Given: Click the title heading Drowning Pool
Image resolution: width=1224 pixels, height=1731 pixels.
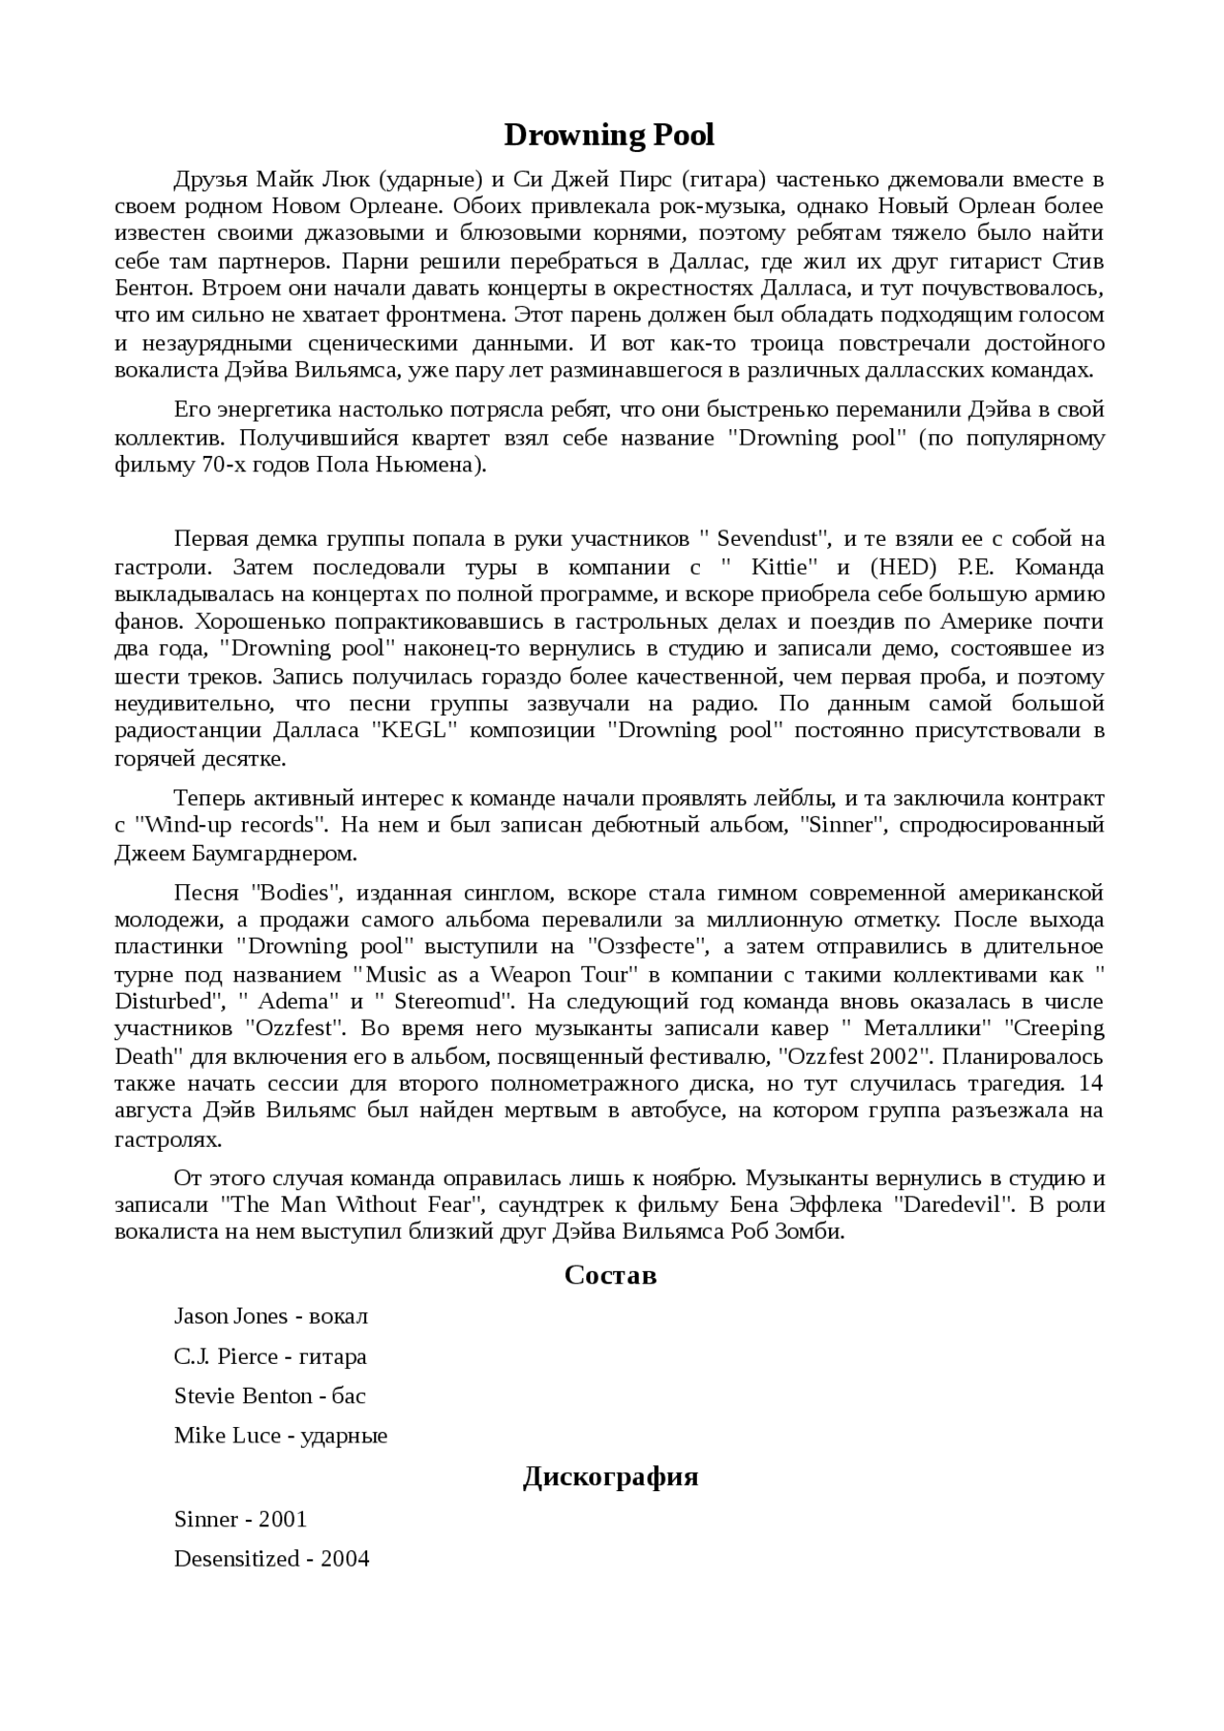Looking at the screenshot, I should pos(609,136).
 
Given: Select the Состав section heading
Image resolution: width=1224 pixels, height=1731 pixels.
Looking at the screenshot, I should pos(610,1275).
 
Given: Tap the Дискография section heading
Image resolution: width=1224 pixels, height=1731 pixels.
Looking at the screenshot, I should pos(610,1477).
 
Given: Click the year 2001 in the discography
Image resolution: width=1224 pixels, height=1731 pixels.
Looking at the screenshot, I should pos(283,1519).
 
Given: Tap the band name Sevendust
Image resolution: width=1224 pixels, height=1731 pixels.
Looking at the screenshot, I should pos(774,539).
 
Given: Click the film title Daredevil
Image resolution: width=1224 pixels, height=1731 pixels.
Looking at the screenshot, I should pos(951,1204).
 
